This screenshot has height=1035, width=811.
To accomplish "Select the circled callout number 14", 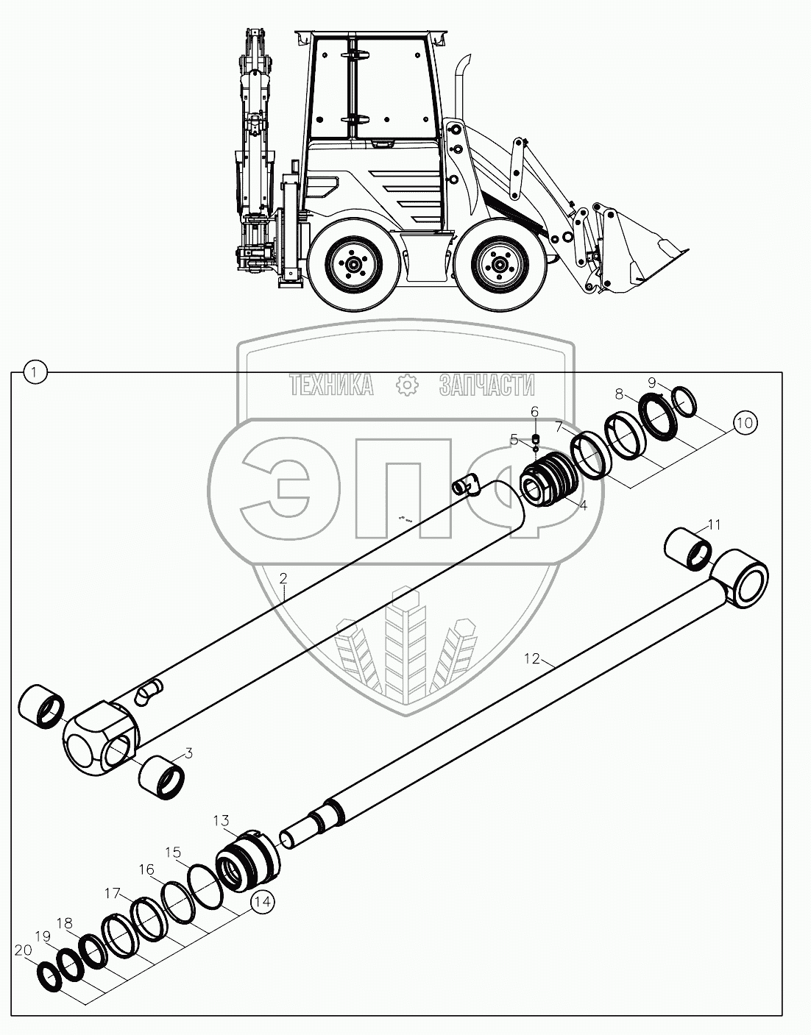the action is (x=261, y=900).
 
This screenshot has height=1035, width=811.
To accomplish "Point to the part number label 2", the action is (x=283, y=578).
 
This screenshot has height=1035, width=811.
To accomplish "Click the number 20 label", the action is (x=23, y=950).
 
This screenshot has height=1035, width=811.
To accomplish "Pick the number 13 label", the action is (x=222, y=820).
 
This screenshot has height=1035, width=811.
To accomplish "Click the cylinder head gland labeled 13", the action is (x=247, y=861).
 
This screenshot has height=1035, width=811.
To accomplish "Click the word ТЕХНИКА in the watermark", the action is (x=331, y=385).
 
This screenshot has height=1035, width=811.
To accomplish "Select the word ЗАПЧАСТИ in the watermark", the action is (x=486, y=385).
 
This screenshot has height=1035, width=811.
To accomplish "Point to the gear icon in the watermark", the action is (x=405, y=385).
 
